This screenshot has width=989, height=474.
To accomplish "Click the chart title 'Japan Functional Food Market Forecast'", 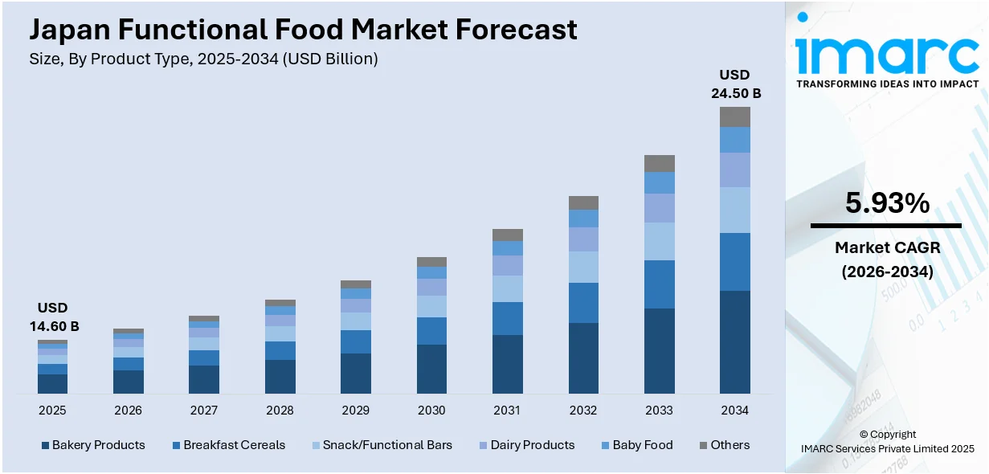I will [303, 30].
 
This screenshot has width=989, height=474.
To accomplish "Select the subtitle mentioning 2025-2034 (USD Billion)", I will [203, 59].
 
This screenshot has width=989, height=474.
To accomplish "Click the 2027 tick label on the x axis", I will [203, 411].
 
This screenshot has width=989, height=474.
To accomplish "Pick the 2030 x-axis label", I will [431, 411].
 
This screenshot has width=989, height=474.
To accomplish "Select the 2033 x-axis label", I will [659, 411].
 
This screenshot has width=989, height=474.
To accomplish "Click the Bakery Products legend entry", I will [93, 445].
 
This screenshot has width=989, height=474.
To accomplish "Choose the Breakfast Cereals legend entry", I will [228, 445].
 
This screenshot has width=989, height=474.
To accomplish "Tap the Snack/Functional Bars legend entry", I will [381, 445].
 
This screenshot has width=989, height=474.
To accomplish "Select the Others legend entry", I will [724, 445].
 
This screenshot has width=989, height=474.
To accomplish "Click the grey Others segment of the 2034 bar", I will [734, 116].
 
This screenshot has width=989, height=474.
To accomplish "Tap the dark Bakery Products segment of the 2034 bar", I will [734, 341].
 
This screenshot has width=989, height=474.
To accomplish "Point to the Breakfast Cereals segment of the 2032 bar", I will [583, 303].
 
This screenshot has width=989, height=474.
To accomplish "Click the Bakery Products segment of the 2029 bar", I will [355, 374].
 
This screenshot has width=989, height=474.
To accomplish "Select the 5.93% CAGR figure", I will [887, 204].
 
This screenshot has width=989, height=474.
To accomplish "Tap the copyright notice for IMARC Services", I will [887, 441].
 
